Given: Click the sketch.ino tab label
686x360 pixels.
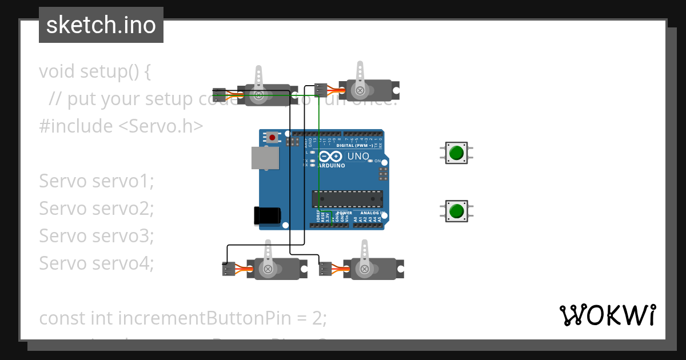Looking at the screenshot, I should coord(101,25).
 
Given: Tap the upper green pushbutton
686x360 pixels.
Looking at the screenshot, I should coord(456,153).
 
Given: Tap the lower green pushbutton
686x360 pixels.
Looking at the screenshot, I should coord(456,211).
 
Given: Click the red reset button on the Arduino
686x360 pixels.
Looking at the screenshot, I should coord(273,138).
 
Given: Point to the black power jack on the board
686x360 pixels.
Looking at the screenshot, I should coord(267,215).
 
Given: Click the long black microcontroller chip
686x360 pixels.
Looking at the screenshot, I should coord(347,198).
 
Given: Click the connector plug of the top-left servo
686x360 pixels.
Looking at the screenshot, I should coord(220,94).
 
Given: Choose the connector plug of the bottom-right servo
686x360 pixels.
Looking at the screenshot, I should coord(325,268).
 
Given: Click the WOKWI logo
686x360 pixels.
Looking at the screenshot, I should coord(607,315).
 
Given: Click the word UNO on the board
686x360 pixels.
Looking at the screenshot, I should coord(358,156).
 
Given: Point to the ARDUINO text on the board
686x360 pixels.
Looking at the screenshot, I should coord(332,166).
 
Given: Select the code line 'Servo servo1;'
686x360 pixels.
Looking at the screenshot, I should coord(97,181).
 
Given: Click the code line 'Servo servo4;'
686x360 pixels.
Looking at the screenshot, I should coord(97,263).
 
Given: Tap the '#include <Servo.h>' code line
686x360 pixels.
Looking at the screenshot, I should coord(121,126).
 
